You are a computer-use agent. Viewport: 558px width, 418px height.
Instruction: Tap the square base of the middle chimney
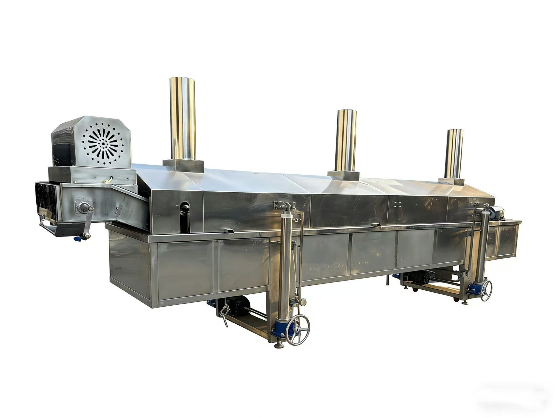[x=346, y=175]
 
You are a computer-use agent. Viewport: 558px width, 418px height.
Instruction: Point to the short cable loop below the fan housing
[x=110, y=179]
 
